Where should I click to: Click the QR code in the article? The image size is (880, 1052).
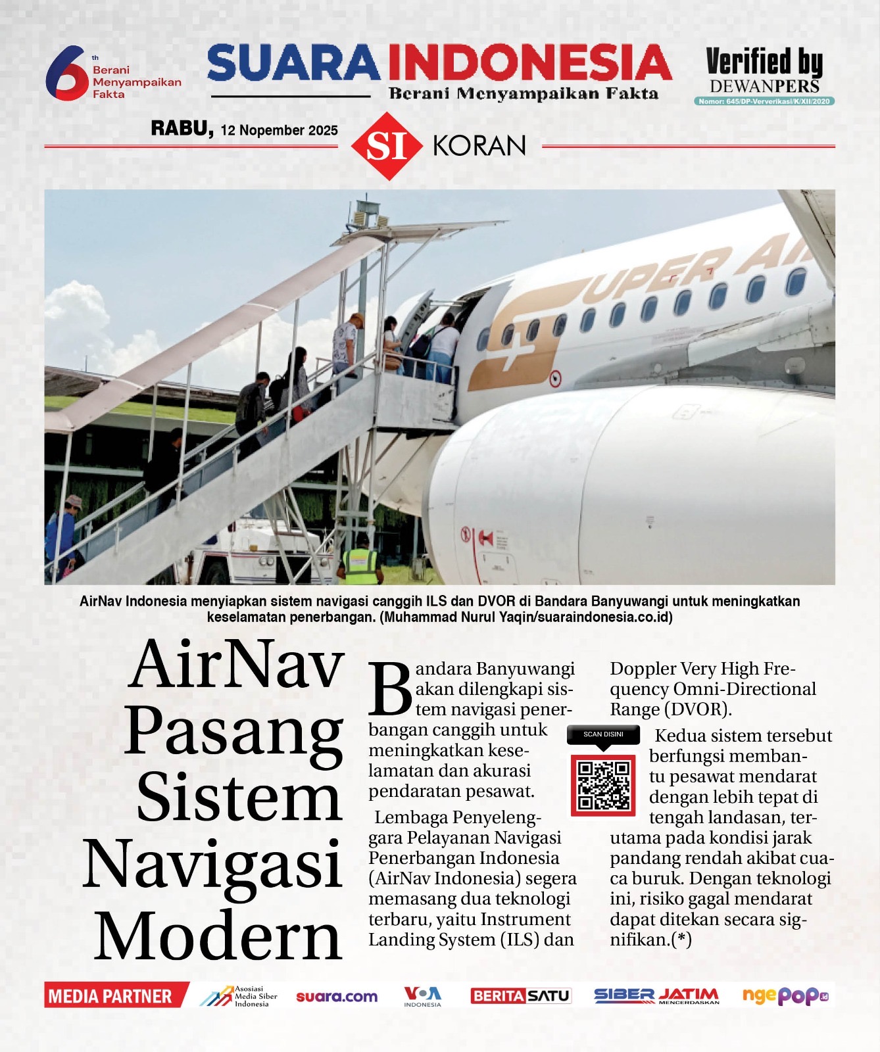click(603, 785)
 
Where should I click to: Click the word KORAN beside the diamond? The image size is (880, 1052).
click(479, 146)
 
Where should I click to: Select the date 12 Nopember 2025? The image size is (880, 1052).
click(280, 130)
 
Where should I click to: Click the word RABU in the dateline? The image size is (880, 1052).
click(182, 128)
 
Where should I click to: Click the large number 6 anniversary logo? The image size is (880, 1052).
click(66, 72)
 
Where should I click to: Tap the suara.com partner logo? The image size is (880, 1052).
click(337, 997)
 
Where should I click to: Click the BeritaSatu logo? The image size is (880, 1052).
click(520, 996)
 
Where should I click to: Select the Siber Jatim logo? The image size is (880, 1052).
click(656, 996)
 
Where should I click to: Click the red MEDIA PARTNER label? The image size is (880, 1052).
click(110, 996)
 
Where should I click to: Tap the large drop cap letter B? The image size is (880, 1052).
click(389, 689)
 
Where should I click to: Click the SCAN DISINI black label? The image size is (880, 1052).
click(603, 734)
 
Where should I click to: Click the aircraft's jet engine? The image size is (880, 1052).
click(592, 487)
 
